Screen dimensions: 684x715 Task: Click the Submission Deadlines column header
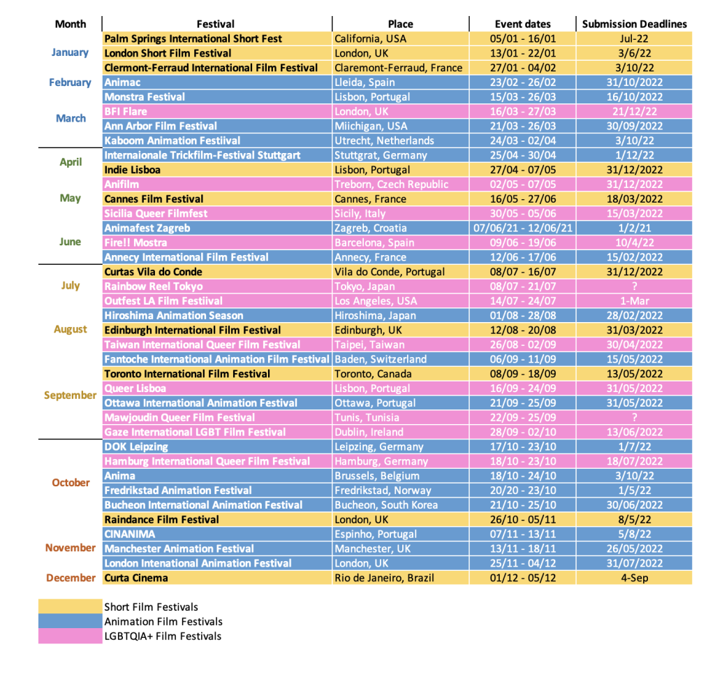(x=634, y=24)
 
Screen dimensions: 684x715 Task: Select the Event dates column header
(x=522, y=24)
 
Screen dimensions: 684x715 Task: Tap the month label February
(x=70, y=82)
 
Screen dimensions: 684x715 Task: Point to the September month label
(x=70, y=395)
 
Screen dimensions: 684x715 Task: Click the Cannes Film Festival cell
(x=154, y=199)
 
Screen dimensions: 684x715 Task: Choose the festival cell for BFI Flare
(x=126, y=112)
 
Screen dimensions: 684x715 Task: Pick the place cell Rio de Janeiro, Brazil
(x=384, y=578)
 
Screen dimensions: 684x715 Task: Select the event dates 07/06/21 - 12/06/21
(x=522, y=228)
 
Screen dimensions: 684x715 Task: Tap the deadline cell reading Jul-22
(x=634, y=38)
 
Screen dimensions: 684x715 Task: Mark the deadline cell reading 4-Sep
(x=634, y=578)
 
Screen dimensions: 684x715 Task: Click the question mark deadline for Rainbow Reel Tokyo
(x=634, y=286)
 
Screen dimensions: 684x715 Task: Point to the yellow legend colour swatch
(x=70, y=606)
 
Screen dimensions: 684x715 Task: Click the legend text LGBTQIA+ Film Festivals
(x=163, y=636)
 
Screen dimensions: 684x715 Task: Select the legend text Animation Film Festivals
(x=163, y=621)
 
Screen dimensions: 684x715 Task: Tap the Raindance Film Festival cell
(x=161, y=520)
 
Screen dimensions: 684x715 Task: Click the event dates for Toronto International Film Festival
(x=522, y=374)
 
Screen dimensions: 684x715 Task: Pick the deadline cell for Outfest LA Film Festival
(x=634, y=301)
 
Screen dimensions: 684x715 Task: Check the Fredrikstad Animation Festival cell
(x=178, y=490)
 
